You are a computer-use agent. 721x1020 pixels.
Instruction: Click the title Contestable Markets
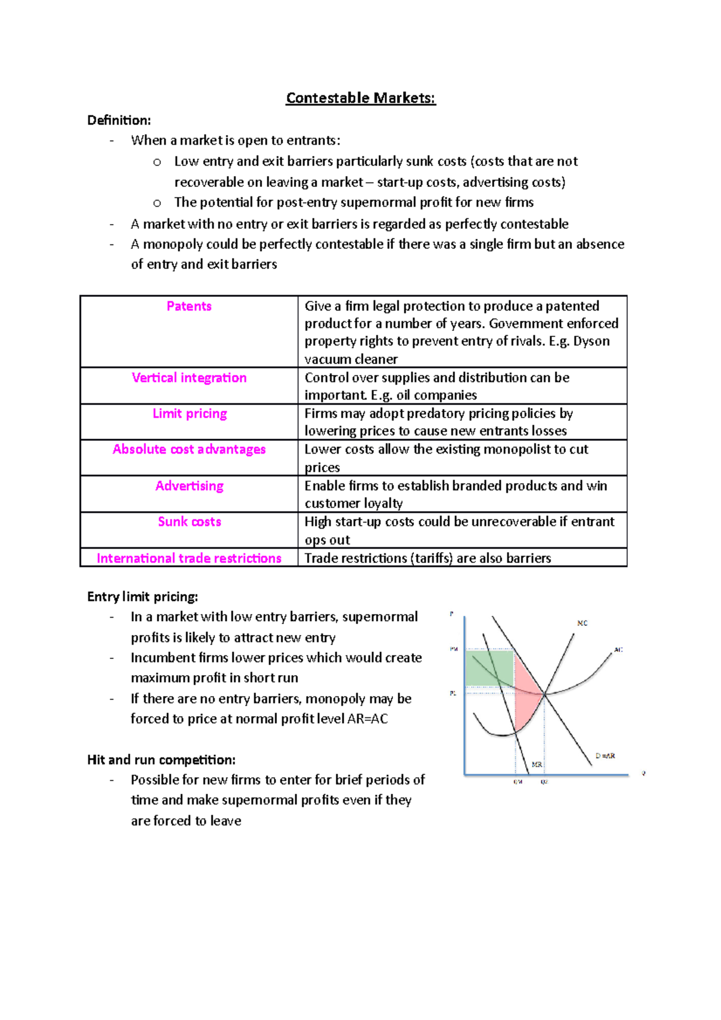tap(360, 98)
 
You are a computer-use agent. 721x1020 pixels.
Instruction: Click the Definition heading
tap(119, 120)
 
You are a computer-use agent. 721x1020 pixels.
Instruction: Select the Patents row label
tap(189, 306)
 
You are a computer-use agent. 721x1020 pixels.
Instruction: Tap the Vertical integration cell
tap(189, 378)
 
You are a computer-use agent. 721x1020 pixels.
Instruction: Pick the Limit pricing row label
tap(189, 414)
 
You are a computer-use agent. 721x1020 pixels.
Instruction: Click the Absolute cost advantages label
tap(189, 449)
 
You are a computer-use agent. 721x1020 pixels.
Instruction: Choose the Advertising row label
tap(189, 486)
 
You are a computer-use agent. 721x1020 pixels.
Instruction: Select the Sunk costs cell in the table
tap(189, 522)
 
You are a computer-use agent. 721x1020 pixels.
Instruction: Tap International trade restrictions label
tap(189, 559)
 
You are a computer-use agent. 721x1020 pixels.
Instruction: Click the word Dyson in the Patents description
tap(591, 341)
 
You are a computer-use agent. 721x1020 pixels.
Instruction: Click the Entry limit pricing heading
tap(142, 597)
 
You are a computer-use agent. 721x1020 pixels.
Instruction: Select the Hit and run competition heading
tap(161, 760)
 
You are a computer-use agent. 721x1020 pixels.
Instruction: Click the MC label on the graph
tap(582, 624)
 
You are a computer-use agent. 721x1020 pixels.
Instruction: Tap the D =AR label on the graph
tap(605, 756)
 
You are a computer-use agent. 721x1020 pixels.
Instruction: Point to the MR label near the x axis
tap(537, 765)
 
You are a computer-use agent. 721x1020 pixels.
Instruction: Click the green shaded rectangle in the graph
tap(489, 668)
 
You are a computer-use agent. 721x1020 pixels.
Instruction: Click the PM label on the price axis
tap(454, 649)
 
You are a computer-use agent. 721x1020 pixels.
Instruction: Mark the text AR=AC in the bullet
tap(367, 719)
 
